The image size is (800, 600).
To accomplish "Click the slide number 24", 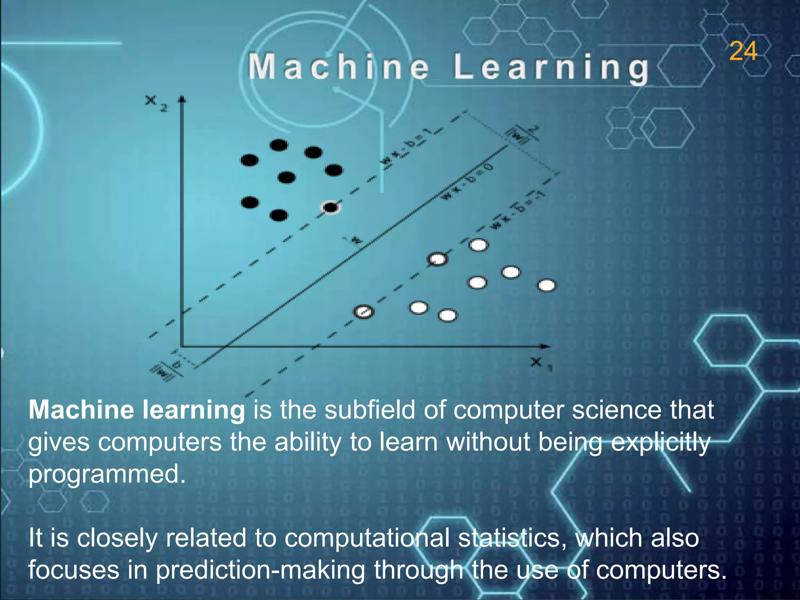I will [x=743, y=52].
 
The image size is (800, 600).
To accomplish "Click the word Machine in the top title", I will [x=338, y=67].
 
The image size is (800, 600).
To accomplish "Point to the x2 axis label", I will [x=156, y=103].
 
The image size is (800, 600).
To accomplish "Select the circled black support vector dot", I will [x=331, y=207].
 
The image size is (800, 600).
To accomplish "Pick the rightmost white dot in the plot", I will [x=547, y=286].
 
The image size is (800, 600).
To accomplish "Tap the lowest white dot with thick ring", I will [x=364, y=312].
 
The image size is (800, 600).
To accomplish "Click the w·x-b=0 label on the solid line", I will [x=467, y=182].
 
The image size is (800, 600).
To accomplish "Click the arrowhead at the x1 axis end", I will [x=546, y=346].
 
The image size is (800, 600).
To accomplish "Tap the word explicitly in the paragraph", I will [x=660, y=443].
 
